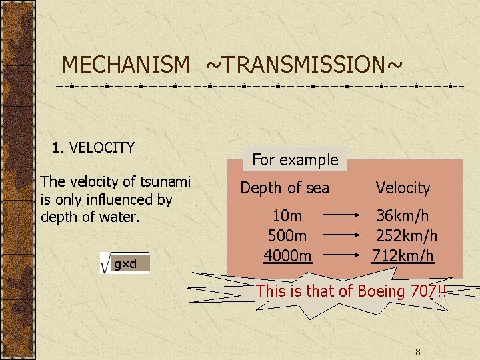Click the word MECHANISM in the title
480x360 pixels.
click(x=125, y=65)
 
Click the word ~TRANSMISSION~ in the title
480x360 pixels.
click(x=304, y=65)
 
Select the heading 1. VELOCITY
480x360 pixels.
click(x=93, y=147)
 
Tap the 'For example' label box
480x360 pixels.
click(x=295, y=159)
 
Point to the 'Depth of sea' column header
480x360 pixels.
click(x=285, y=188)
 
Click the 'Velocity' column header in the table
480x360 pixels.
click(x=403, y=188)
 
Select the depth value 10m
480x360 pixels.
click(x=287, y=216)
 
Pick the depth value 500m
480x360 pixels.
click(x=287, y=236)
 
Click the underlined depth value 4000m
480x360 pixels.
click(x=287, y=255)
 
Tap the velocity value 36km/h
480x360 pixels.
click(x=402, y=216)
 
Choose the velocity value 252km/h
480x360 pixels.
click(x=406, y=236)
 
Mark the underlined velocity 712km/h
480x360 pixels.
click(x=403, y=255)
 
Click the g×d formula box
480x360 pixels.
click(x=130, y=264)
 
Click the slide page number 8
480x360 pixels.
click(x=417, y=351)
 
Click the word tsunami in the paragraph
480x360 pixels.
click(x=166, y=181)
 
